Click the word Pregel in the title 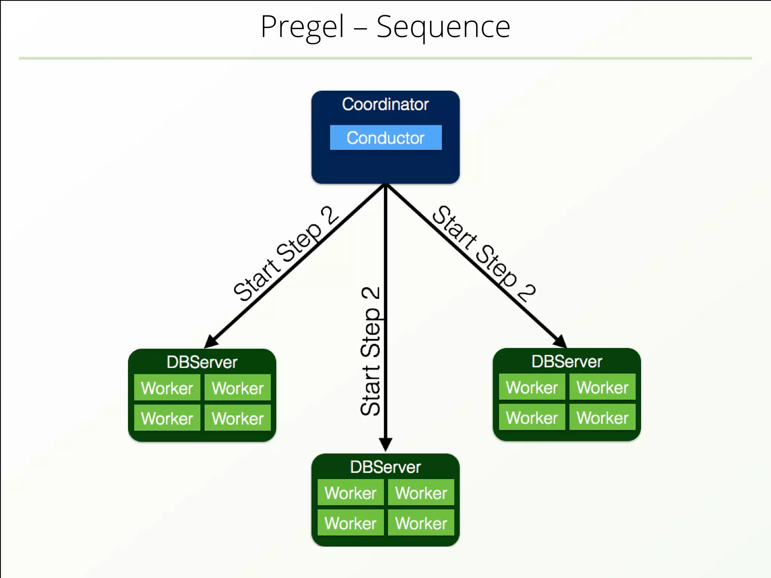pyautogui.click(x=302, y=27)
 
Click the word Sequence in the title pyautogui.click(x=443, y=27)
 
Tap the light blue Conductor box pyautogui.click(x=385, y=138)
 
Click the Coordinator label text pyautogui.click(x=385, y=104)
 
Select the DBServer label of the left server pyautogui.click(x=202, y=362)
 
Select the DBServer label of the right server pyautogui.click(x=567, y=361)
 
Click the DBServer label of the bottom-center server pyautogui.click(x=385, y=467)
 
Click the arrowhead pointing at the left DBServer pyautogui.click(x=210, y=341)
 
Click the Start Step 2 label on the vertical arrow pyautogui.click(x=370, y=352)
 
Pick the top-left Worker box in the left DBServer pyautogui.click(x=167, y=388)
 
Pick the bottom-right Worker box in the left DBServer pyautogui.click(x=238, y=418)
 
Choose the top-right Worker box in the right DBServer pyautogui.click(x=602, y=387)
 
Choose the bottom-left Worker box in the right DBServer pyautogui.click(x=532, y=417)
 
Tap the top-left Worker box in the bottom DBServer pyautogui.click(x=350, y=493)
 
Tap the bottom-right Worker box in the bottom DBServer pyautogui.click(x=421, y=523)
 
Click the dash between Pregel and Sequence pyautogui.click(x=360, y=28)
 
